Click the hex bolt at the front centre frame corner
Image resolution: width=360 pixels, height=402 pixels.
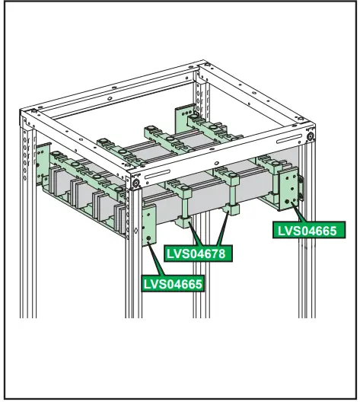coord(135,183)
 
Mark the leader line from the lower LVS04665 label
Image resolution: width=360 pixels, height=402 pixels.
coord(157,259)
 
